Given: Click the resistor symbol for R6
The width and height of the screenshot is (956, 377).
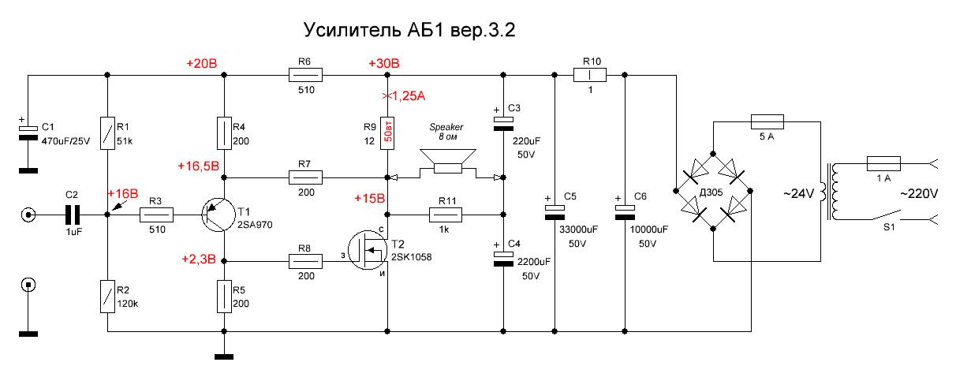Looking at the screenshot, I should click(x=306, y=76).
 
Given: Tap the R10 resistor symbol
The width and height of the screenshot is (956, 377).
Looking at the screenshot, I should click(x=590, y=76).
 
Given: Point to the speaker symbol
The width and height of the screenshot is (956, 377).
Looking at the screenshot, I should click(x=447, y=162).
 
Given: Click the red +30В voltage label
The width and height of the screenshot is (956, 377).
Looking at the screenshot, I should click(x=383, y=63).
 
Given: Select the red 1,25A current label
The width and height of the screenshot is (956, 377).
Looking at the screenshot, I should click(x=405, y=96).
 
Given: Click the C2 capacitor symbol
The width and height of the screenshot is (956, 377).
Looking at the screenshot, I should click(x=72, y=215).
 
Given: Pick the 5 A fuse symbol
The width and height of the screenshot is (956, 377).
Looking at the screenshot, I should click(x=765, y=121).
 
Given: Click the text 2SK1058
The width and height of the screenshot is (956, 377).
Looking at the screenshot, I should click(x=412, y=256).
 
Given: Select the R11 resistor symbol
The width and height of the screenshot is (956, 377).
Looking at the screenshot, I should click(x=446, y=215).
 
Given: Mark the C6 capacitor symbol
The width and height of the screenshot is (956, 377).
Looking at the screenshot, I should click(x=625, y=209).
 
